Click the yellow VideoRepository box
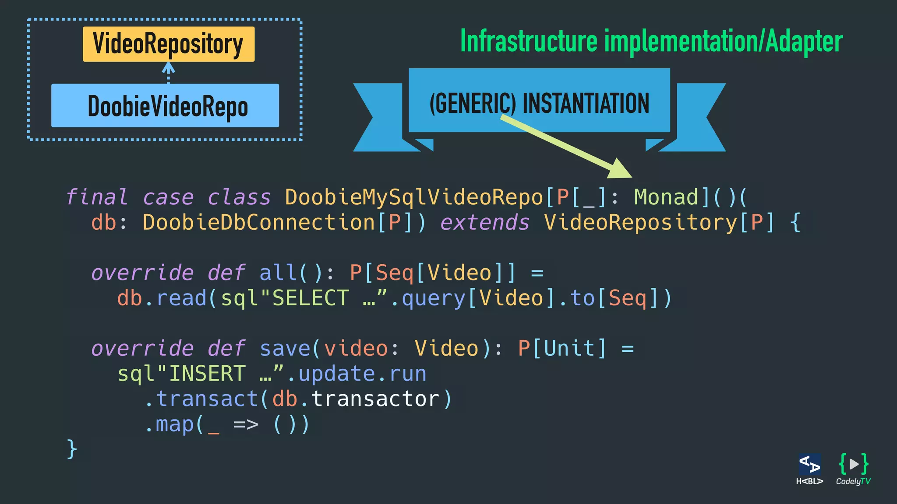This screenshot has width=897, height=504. [x=169, y=44]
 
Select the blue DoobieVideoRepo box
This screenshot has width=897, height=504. [x=165, y=106]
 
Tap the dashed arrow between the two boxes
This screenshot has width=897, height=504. [x=169, y=73]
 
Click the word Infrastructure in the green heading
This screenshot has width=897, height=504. [x=529, y=42]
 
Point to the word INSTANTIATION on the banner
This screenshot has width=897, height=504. [x=586, y=104]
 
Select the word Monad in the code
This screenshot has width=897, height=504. [x=666, y=197]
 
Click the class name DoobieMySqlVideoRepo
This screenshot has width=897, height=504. [x=414, y=197]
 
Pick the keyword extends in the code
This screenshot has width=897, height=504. [x=485, y=223]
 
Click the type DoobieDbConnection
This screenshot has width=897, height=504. [x=259, y=223]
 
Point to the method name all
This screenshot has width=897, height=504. [x=278, y=273]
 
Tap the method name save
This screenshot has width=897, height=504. [x=285, y=349]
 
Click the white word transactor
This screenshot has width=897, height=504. [x=375, y=399]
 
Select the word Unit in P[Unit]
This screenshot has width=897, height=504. [x=569, y=349]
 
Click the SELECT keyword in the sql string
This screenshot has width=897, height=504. [x=311, y=298]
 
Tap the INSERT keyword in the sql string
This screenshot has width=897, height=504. [x=207, y=374]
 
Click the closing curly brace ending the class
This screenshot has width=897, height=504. [x=72, y=449]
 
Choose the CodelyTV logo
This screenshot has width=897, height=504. [x=853, y=469]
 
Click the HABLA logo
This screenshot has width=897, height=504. [x=809, y=469]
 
